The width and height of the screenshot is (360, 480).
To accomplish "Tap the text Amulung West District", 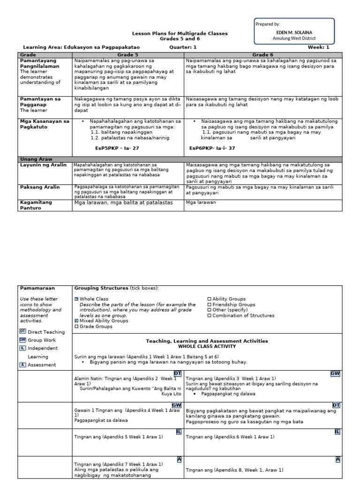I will [x=294, y=38].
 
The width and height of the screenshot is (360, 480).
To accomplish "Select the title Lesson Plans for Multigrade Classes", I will [x=180, y=33].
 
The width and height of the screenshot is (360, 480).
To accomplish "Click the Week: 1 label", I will [x=318, y=47].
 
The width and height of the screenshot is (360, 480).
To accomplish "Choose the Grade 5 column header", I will [x=127, y=55].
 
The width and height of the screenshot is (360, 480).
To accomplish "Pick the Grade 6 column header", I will [x=262, y=55].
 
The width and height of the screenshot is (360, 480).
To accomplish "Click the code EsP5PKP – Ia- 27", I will [x=117, y=148].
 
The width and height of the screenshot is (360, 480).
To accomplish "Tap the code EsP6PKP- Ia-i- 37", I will [x=212, y=148].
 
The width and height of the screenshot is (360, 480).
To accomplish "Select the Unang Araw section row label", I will [x=35, y=159].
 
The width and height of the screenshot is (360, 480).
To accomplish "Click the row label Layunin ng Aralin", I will [x=40, y=165].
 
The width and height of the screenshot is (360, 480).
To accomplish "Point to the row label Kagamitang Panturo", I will [x=36, y=205].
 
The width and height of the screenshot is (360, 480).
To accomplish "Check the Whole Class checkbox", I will [x=76, y=299].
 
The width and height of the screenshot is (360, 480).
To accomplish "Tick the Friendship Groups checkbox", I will [x=210, y=305].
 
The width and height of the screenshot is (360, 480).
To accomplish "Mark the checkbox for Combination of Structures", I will [x=210, y=315].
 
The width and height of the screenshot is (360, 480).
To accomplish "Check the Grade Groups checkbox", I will [x=76, y=326].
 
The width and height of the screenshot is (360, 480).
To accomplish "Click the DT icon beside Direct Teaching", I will [x=22, y=332].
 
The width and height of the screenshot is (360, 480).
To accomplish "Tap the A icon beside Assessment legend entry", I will [x=22, y=365].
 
